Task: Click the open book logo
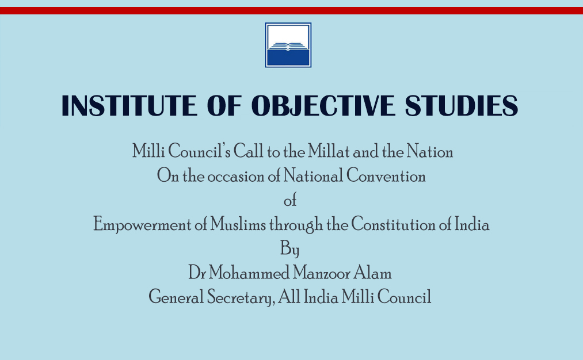(x=288, y=45)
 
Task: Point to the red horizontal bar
(x=291, y=10)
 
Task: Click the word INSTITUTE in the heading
(x=129, y=105)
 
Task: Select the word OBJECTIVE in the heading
(x=323, y=105)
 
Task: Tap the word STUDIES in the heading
(x=462, y=105)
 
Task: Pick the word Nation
(x=430, y=151)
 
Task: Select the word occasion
(x=236, y=176)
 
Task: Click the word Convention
(x=386, y=175)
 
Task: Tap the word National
(x=313, y=175)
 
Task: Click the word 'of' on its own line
(x=290, y=200)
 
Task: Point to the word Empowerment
(x=142, y=225)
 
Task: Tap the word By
(x=289, y=249)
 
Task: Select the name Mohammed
(x=249, y=273)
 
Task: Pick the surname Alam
(x=372, y=273)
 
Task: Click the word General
(x=176, y=297)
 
